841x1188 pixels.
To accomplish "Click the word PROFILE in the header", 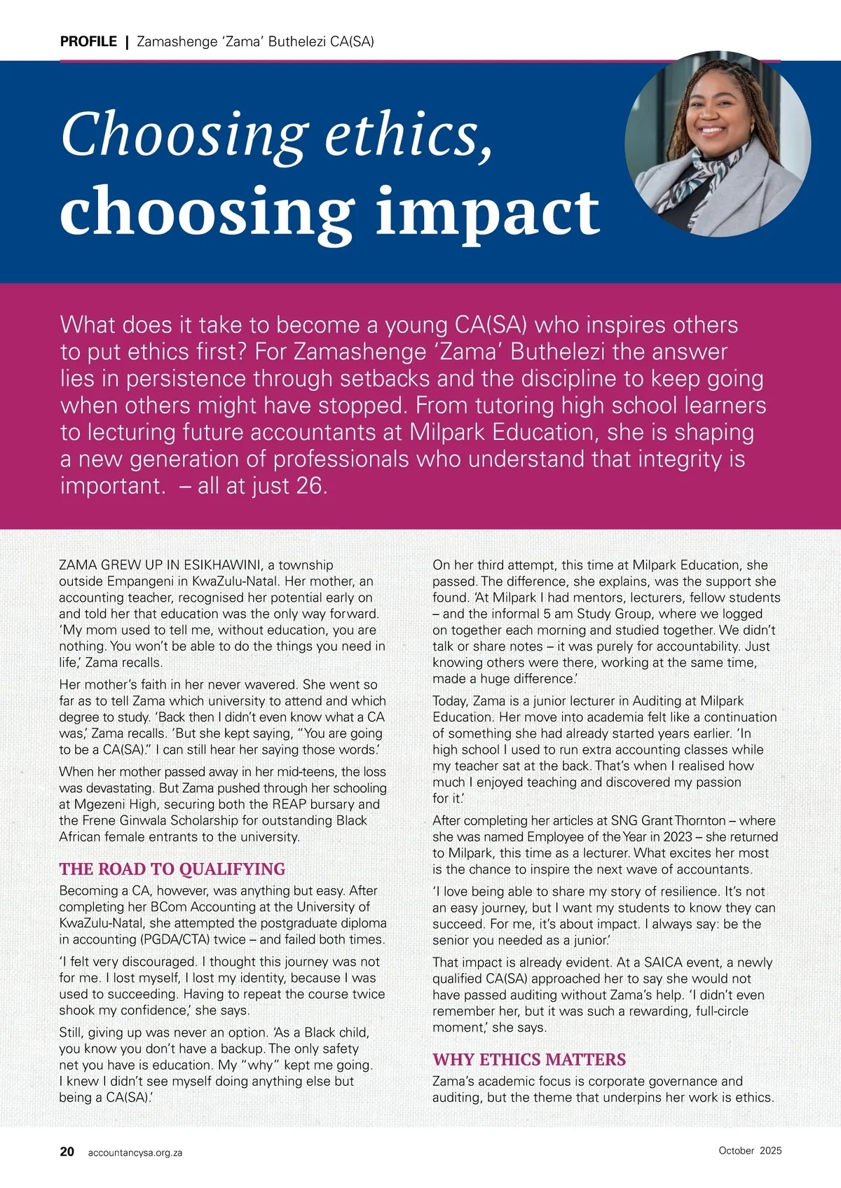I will (x=88, y=41).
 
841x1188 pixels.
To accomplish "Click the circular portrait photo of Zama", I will (x=718, y=144).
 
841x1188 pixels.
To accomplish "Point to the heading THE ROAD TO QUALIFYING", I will (x=172, y=869).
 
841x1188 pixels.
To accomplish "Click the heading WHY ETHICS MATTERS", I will (x=529, y=1059).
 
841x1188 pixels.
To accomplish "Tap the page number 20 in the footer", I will (x=67, y=1152).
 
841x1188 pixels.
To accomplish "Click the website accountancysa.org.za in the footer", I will (x=135, y=1152).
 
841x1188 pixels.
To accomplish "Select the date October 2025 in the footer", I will (x=750, y=1150).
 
